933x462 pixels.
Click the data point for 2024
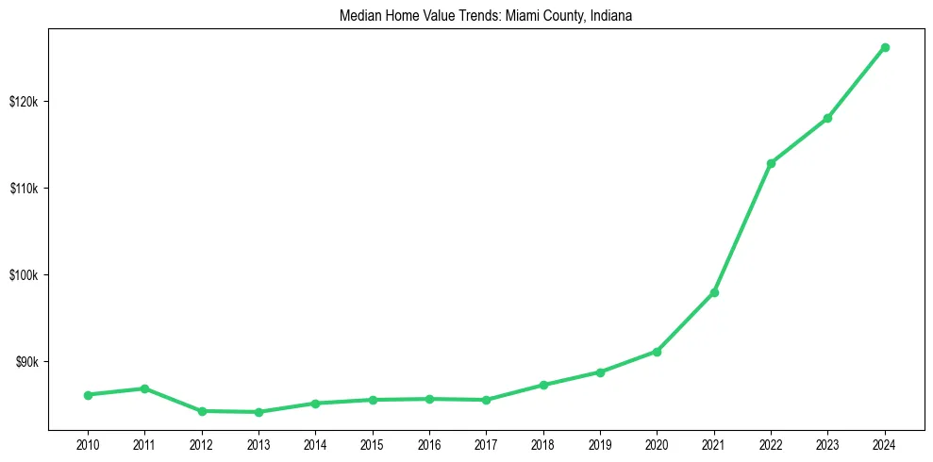(x=885, y=47)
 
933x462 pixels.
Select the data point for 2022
(x=771, y=163)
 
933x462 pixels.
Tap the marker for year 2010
(x=88, y=395)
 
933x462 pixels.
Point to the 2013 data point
(x=258, y=412)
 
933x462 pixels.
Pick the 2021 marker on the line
(x=714, y=292)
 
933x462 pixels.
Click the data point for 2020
(x=657, y=352)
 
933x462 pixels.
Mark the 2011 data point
(x=144, y=388)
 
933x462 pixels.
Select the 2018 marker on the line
(x=543, y=385)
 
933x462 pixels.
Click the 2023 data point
(x=827, y=118)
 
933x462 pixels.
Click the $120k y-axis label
(x=24, y=102)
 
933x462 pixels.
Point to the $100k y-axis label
(x=24, y=275)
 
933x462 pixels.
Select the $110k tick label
(x=24, y=189)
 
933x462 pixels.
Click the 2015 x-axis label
(x=373, y=444)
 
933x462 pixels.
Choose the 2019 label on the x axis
(x=600, y=444)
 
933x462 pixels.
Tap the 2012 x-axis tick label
(x=202, y=444)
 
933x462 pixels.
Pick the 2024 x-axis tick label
(x=885, y=444)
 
